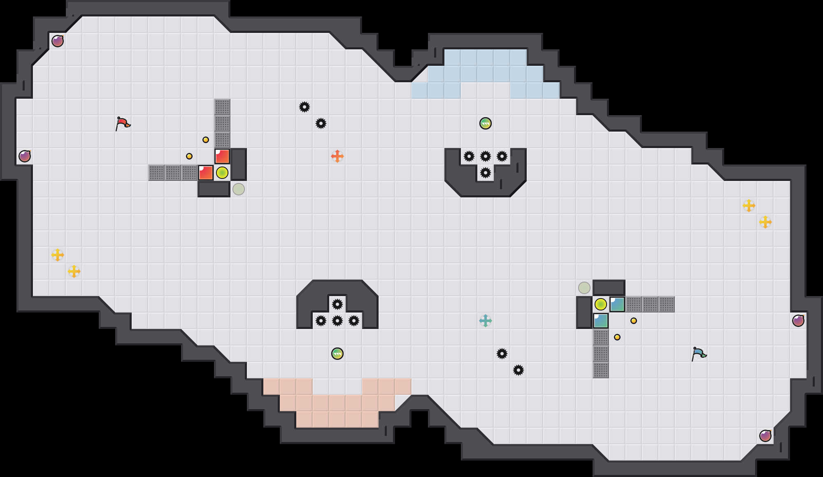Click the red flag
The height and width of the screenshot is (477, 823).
[123, 123]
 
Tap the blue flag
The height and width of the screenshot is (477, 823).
[699, 353]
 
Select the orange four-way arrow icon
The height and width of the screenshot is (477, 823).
[337, 156]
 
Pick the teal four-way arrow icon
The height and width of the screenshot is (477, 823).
[486, 321]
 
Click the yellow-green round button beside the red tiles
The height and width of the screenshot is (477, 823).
[222, 173]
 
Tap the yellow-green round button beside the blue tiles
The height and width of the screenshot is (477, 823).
[601, 304]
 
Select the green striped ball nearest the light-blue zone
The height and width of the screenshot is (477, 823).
[486, 123]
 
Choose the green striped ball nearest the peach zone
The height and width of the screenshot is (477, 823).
[337, 354]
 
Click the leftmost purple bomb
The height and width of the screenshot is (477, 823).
[25, 156]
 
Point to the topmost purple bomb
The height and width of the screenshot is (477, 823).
[58, 41]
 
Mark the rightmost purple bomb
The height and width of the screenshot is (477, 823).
[798, 321]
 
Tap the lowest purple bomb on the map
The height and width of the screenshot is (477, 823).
[765, 436]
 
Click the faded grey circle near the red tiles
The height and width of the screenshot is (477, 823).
[239, 189]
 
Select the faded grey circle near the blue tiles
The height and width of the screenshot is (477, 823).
[584, 288]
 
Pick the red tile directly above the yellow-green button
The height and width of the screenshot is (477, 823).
[222, 156]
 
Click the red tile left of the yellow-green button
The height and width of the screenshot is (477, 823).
[206, 173]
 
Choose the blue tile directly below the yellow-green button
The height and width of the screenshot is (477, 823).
[601, 321]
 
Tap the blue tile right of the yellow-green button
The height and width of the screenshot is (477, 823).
[617, 304]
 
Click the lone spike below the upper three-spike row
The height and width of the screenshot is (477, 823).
[486, 173]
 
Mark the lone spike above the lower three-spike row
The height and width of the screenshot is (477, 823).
[337, 304]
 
